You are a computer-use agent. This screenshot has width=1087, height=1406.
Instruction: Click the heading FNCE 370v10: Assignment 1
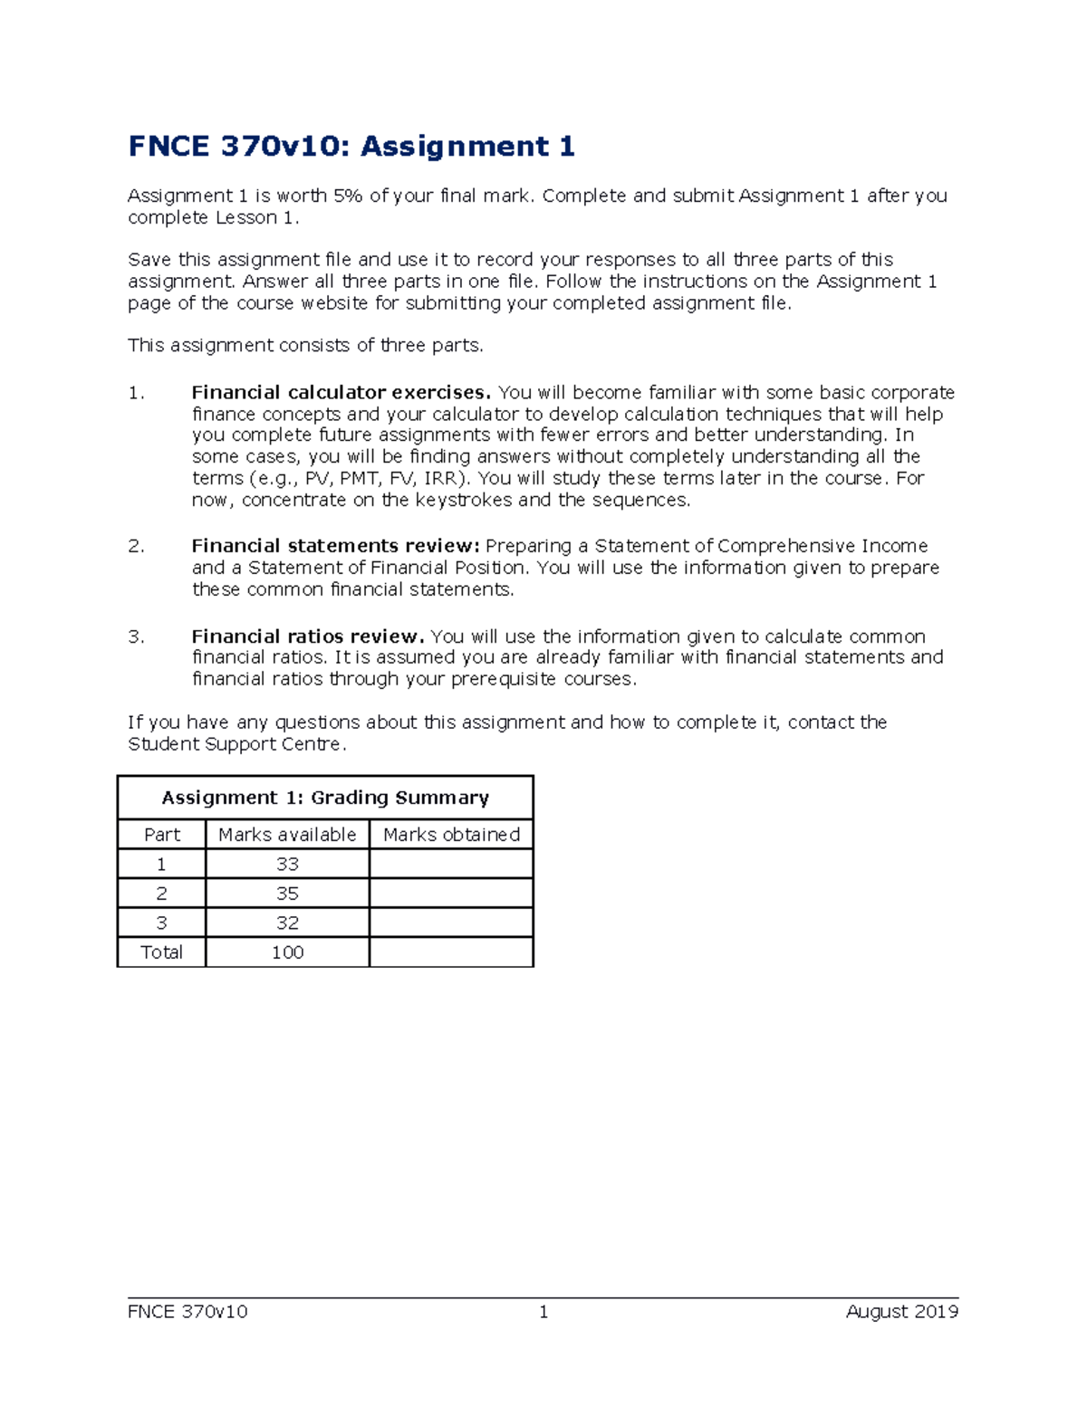351,147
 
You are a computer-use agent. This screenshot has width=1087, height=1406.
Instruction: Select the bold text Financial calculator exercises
341,393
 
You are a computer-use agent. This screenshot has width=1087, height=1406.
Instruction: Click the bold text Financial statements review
335,546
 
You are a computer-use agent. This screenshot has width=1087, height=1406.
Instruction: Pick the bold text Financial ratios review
308,636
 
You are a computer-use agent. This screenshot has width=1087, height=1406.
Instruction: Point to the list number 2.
136,546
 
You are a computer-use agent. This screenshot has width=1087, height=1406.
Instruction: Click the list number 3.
136,636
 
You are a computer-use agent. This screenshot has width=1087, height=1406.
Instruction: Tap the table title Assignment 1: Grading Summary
325,798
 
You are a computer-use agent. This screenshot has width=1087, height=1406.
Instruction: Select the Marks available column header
287,835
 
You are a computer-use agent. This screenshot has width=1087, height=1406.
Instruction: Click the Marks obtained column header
451,835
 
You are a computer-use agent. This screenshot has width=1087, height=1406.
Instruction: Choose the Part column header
162,835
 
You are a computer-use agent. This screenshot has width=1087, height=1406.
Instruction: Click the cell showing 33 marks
287,865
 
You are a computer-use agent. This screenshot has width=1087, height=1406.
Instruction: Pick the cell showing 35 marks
287,894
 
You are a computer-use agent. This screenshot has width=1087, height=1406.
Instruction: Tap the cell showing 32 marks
287,923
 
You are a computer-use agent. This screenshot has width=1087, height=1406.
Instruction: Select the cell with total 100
287,952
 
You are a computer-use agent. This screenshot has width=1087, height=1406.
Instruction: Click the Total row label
162,952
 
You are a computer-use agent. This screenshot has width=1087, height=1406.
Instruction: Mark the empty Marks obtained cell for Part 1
451,865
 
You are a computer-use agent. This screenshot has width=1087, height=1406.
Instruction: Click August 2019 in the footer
901,1312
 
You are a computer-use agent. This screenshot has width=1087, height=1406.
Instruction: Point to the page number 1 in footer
543,1312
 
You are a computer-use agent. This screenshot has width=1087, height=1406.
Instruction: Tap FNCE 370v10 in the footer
188,1312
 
